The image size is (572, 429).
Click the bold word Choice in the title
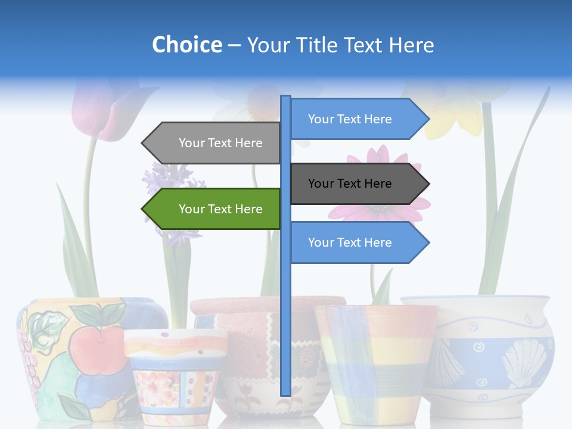tap(186, 45)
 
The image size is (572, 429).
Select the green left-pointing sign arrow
tap(212, 209)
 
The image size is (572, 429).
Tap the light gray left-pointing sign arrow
tap(212, 143)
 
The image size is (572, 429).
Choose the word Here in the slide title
tap(411, 45)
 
